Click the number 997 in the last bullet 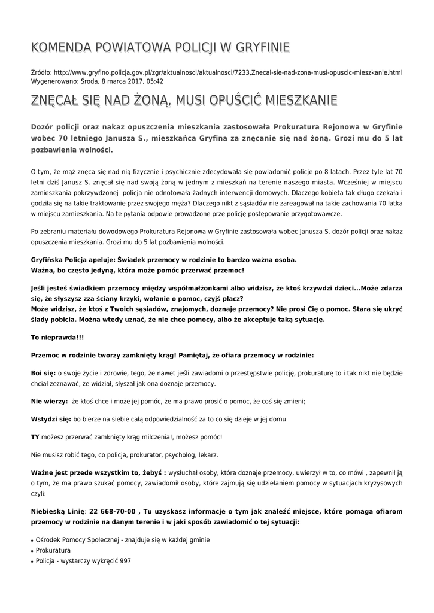125,561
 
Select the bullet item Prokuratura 53,550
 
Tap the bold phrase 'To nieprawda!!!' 57,338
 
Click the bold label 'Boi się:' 43,372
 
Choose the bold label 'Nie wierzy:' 48,402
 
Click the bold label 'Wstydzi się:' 51,419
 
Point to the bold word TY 35,436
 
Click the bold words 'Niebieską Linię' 57,511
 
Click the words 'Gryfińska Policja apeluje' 73,260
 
